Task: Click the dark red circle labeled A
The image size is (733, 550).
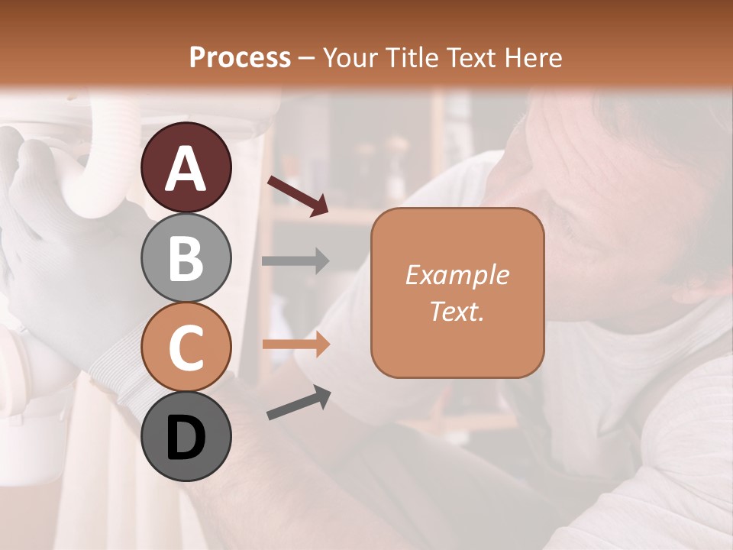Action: tap(186, 167)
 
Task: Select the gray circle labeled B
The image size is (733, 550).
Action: tap(186, 258)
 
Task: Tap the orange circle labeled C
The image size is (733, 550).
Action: tap(186, 347)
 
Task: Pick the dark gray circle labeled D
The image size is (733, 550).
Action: tap(186, 436)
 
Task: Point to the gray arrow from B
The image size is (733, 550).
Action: tap(295, 261)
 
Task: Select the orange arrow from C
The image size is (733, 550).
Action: tap(295, 344)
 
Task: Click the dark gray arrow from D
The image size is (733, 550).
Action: tap(299, 403)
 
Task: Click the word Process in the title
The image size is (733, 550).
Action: tap(240, 57)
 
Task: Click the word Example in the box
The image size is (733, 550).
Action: tap(457, 276)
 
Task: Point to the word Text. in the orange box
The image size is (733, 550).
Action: tap(457, 312)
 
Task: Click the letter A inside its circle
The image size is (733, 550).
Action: tap(186, 169)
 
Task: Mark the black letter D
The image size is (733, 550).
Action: tap(186, 438)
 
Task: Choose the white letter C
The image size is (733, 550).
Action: tap(186, 348)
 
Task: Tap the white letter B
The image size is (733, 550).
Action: tap(186, 259)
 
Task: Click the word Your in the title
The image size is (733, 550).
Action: tap(347, 57)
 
